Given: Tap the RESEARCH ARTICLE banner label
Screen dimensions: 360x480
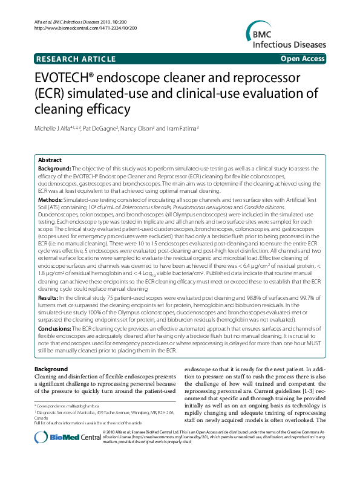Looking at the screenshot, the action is pyautogui.click(x=76, y=59).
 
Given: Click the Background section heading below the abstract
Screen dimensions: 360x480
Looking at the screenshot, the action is pyautogui.click(x=51, y=369).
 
